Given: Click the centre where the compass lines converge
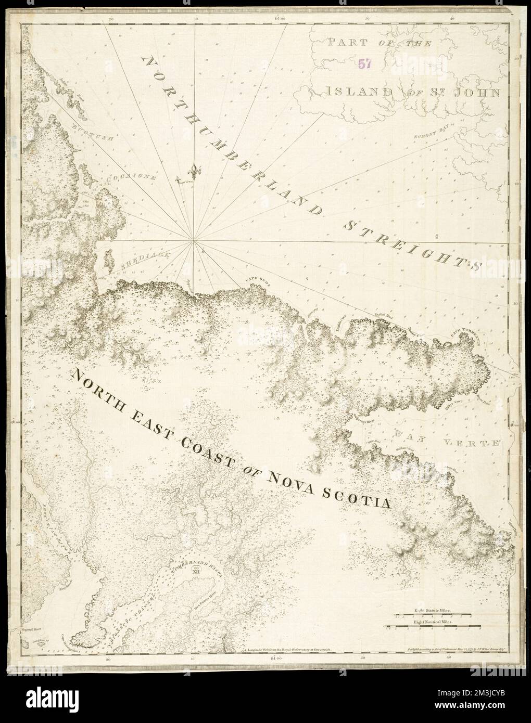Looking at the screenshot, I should coord(194,240).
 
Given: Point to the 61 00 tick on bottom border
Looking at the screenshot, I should coord(275,659).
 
